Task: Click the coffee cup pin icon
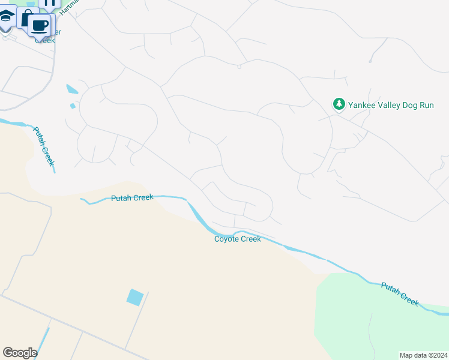click(41, 26)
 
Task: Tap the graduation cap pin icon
click(6, 17)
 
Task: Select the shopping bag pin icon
click(26, 18)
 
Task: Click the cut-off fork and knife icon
click(50, 3)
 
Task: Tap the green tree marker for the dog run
click(339, 104)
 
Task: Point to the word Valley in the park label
click(391, 105)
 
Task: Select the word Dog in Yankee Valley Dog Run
click(414, 105)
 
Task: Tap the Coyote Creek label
click(238, 239)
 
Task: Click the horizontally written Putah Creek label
click(132, 197)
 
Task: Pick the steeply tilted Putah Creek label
click(44, 146)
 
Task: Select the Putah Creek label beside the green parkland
click(399, 294)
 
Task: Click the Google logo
click(20, 353)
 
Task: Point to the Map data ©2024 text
click(423, 355)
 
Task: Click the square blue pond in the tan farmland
click(135, 297)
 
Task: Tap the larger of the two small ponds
click(72, 89)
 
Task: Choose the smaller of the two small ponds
click(73, 106)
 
